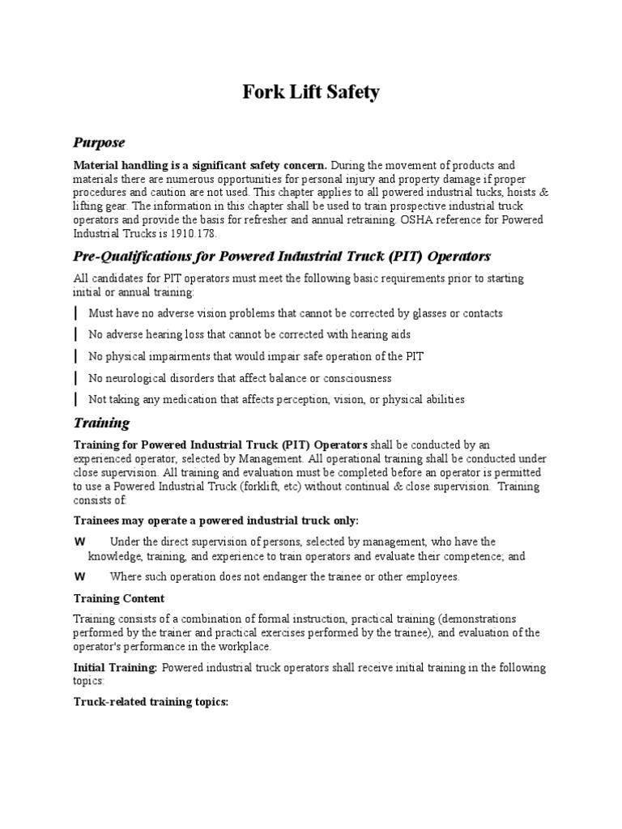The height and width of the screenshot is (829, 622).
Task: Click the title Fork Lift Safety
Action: [311, 92]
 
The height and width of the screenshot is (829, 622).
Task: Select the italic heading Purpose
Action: [99, 142]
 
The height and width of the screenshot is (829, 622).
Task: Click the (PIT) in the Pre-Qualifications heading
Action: [387, 257]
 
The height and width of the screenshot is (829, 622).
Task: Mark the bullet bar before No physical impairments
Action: [76, 356]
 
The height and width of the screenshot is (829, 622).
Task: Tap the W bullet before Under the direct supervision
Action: [80, 542]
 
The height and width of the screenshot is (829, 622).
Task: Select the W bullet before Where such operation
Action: [80, 577]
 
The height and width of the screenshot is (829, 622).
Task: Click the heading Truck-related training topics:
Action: [151, 703]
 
